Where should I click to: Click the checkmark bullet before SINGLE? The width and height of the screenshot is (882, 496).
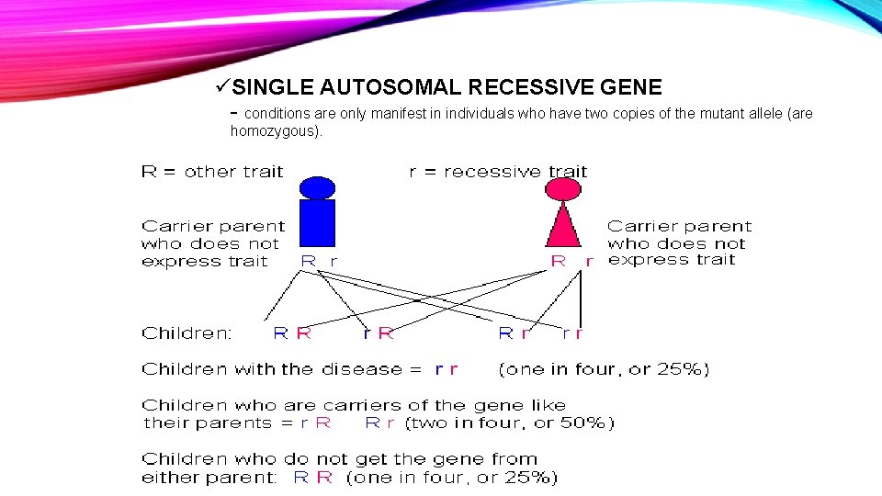[221, 87]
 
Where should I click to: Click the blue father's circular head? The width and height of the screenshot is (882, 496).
[317, 187]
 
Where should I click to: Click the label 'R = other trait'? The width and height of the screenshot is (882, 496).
[212, 171]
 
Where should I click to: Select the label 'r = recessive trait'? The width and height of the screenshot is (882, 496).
[498, 171]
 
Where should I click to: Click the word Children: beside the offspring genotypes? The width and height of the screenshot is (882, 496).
[187, 333]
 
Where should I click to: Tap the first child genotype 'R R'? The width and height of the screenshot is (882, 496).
[293, 333]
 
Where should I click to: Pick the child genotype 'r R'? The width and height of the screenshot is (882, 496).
[379, 333]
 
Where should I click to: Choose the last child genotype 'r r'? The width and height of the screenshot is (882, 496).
[571, 333]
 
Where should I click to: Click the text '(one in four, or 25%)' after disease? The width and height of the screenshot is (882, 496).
[604, 369]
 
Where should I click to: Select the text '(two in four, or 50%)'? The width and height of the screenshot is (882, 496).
[509, 423]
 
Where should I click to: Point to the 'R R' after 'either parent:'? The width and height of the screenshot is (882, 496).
[313, 477]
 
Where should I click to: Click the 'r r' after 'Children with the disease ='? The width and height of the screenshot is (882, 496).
[446, 369]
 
